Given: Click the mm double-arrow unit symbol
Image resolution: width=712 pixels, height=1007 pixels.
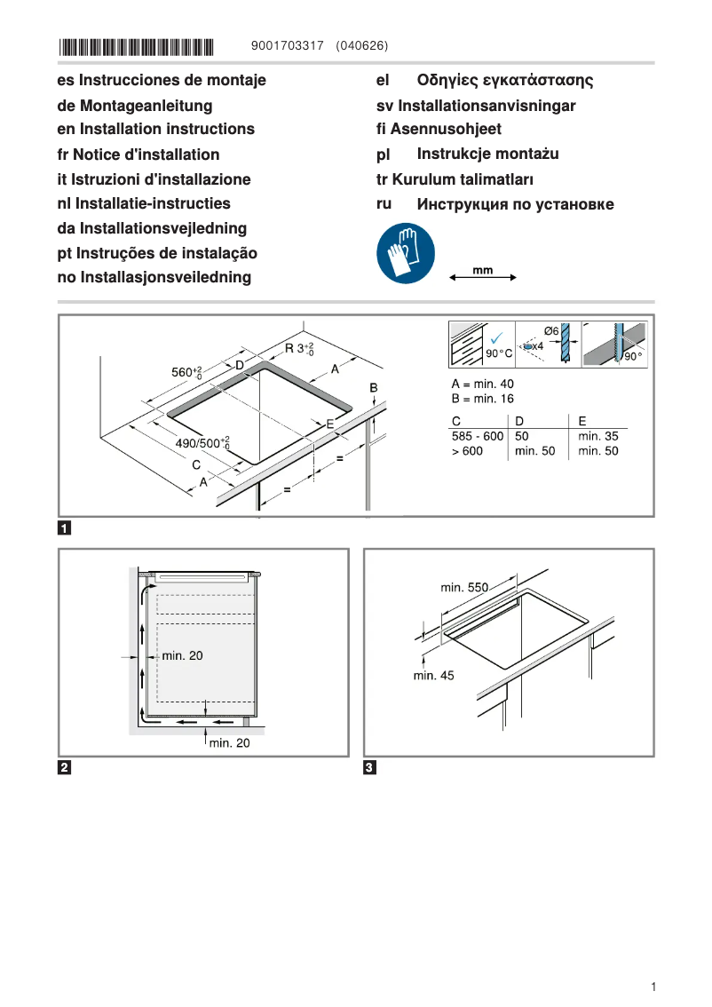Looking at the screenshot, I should pos(483,274).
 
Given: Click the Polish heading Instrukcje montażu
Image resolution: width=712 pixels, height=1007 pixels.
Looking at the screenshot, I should pos(487,154).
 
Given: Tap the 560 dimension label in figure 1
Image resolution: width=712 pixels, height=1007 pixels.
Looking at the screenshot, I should pos(186,372).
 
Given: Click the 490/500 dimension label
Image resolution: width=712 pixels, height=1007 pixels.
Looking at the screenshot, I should pos(202,442).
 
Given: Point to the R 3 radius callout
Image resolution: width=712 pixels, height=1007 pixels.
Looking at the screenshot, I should pos(297,349).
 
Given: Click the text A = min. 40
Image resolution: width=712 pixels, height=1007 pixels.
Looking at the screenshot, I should pos(482,384).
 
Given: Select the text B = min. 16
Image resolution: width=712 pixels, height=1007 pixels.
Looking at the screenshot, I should pos(482,399).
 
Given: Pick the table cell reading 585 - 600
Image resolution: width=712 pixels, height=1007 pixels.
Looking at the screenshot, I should pos(477,436).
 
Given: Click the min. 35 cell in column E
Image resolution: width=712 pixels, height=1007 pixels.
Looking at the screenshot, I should pos(597,436).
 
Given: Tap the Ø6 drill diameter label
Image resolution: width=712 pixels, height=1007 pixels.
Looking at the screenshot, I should pos(550,331).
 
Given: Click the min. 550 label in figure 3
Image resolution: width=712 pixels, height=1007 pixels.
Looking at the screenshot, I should pos(464,587).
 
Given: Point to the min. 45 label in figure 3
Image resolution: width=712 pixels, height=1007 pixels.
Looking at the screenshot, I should pos(433,675).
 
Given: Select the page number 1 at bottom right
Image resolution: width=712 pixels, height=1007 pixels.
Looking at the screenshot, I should pos(653,987).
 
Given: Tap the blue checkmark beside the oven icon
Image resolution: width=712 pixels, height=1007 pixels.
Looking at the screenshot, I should pos(497,337).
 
